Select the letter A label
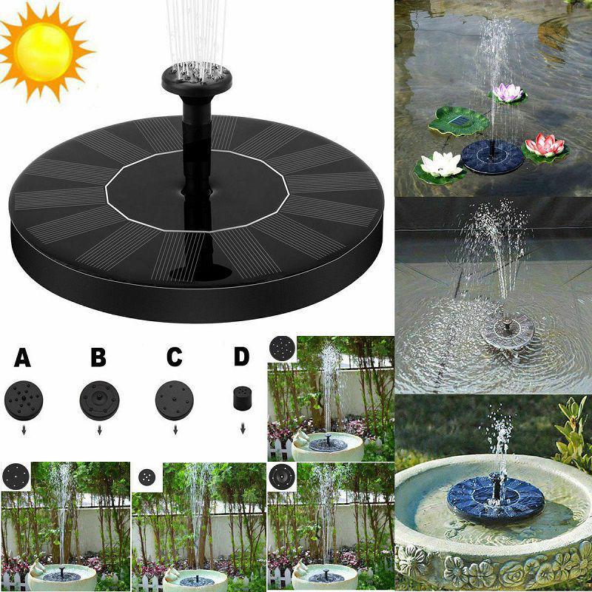(x=23, y=358)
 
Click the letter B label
(x=98, y=358)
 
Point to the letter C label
(x=174, y=358)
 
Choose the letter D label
(x=242, y=357)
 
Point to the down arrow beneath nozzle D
(x=242, y=427)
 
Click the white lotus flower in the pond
(x=442, y=165)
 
